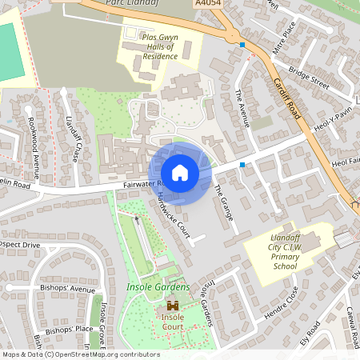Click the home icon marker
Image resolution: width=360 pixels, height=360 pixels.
(x=180, y=173)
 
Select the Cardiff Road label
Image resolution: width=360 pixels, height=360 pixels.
(x=285, y=95)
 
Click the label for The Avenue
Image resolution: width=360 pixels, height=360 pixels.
(x=240, y=104)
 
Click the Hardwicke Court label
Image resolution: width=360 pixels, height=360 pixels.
(x=174, y=216)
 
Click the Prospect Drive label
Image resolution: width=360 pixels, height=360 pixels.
(x=19, y=244)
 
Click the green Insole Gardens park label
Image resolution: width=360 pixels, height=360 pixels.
(x=158, y=286)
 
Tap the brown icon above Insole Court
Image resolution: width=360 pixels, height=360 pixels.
(x=172, y=305)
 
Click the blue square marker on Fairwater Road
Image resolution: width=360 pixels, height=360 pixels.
(x=242, y=164)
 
